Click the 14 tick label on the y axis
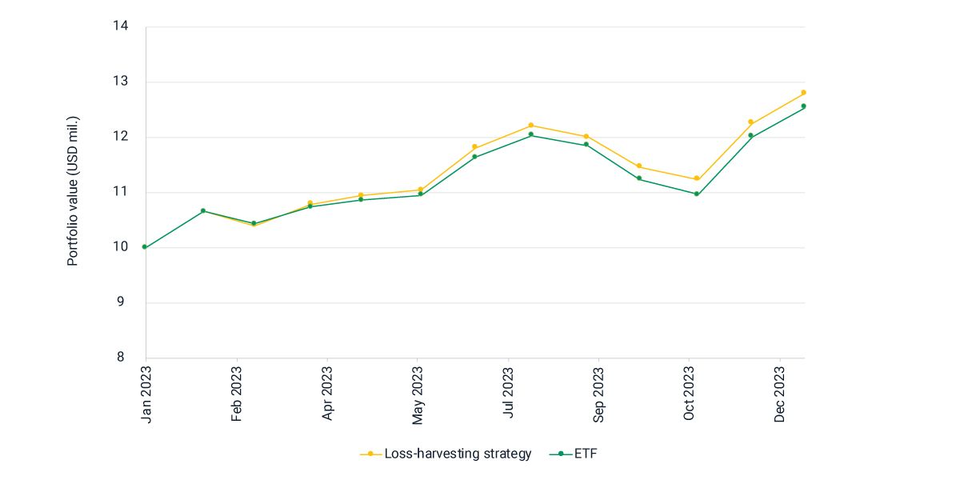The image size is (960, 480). (121, 26)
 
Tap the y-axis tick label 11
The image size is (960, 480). (121, 192)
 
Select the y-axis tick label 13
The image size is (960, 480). (121, 82)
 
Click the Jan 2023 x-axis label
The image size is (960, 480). (146, 394)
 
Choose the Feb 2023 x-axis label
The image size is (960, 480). (237, 394)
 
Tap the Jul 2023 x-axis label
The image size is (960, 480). (509, 394)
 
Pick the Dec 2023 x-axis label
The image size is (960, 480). (781, 394)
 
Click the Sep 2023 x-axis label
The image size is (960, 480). (599, 394)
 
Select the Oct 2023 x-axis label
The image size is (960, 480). (690, 394)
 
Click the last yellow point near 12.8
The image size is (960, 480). (803, 93)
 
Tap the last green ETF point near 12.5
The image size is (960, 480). (803, 106)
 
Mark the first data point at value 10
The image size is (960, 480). (145, 247)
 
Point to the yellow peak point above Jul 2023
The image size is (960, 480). (530, 125)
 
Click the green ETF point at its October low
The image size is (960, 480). (696, 194)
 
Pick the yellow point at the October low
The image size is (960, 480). (696, 178)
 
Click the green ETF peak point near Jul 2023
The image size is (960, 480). (530, 134)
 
